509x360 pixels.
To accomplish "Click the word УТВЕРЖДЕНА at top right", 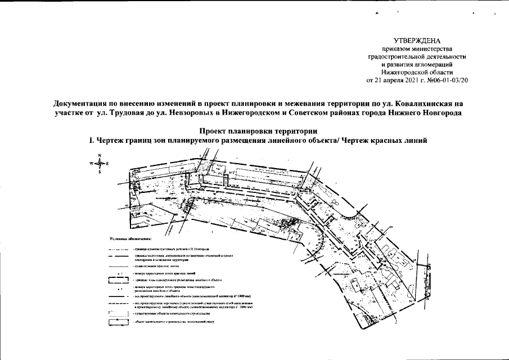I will point(417,41).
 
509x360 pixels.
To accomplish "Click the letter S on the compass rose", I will point(99,172).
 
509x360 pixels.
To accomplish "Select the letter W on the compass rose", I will point(90,163).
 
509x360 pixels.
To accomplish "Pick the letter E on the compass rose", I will point(107,163).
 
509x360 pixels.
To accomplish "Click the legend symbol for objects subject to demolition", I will point(118,323).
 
